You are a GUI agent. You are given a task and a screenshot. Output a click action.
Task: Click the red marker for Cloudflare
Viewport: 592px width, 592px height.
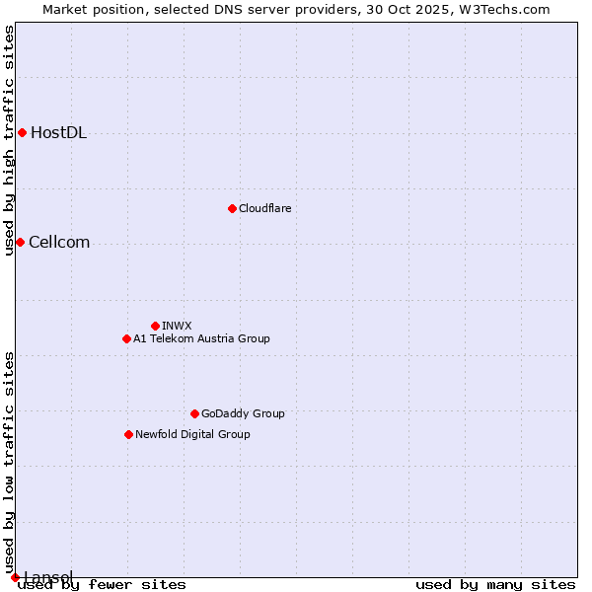click(232, 208)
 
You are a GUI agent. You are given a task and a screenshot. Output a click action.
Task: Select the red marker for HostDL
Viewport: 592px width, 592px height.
click(22, 132)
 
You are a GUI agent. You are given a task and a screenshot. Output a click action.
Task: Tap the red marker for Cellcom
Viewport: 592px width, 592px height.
click(20, 242)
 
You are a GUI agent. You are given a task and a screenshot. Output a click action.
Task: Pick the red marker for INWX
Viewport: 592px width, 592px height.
click(155, 326)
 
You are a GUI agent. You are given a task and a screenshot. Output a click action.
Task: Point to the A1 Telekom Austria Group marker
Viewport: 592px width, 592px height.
click(126, 338)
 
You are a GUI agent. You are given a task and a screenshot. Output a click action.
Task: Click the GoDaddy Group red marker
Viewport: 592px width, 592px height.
click(194, 413)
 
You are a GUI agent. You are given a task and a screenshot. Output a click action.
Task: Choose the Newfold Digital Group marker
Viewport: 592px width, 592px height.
click(128, 434)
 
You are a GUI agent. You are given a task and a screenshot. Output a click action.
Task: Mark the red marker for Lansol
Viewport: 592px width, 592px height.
click(15, 577)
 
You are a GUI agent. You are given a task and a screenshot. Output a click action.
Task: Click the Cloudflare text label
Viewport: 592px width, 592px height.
click(264, 208)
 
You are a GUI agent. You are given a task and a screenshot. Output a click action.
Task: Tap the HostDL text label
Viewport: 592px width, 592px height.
click(58, 133)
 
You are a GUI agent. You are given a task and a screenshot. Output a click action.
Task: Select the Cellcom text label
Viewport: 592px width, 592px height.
click(59, 243)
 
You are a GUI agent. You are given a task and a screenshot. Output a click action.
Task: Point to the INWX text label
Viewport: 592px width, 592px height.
click(177, 326)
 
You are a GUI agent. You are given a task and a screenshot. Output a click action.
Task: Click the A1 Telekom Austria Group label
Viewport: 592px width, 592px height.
click(201, 338)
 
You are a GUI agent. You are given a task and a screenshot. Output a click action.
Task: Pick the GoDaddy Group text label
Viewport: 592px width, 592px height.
click(243, 413)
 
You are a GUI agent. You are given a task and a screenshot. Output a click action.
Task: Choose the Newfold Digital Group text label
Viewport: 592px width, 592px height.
click(192, 434)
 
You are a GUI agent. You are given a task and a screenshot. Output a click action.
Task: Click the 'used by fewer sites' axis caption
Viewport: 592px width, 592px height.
click(103, 585)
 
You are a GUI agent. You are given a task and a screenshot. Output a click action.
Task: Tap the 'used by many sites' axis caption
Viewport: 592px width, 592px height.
click(495, 585)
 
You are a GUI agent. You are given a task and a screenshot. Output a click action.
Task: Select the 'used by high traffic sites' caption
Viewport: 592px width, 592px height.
click(10, 140)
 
